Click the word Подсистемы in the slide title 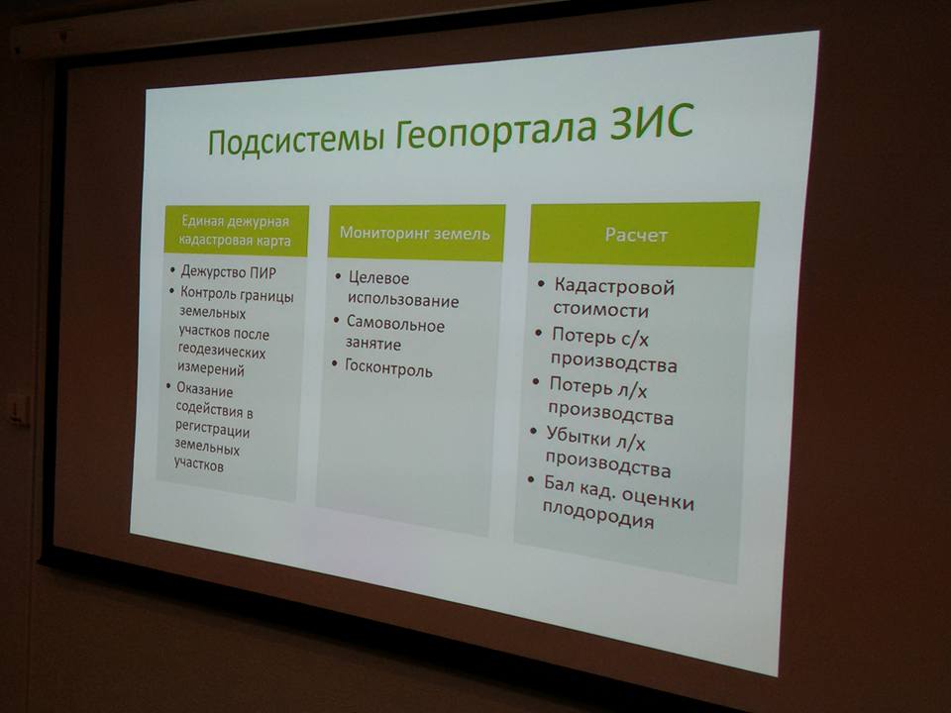click(296, 139)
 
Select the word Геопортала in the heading click(496, 132)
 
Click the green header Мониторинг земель click(415, 234)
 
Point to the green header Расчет click(636, 235)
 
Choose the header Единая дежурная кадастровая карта click(236, 231)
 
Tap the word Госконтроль click(388, 367)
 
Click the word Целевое click(379, 278)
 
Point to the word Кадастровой click(614, 286)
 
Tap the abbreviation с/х click(633, 339)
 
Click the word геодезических click(222, 351)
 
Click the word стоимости click(600, 309)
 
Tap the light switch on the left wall click(19, 410)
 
